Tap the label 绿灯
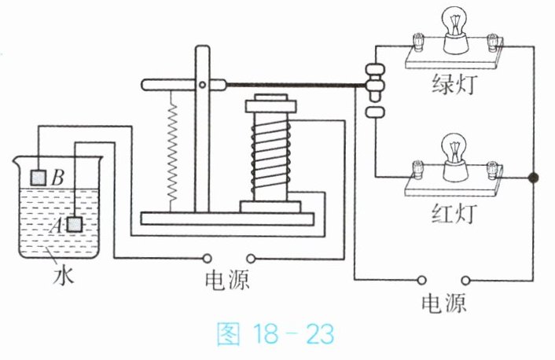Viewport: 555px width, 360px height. click(454, 85)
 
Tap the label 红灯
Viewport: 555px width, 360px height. click(454, 214)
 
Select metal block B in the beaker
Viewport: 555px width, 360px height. click(39, 178)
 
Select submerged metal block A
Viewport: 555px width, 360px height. click(75, 225)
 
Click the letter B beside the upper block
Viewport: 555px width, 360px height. click(57, 178)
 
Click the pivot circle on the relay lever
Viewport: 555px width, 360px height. click(202, 85)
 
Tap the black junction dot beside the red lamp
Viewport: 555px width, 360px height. click(533, 178)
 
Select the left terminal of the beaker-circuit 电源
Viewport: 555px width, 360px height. click(208, 259)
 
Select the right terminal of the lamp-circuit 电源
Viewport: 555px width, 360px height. click(465, 281)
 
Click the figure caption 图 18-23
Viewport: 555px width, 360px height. click(275, 333)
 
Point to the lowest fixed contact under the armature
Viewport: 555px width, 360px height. click(374, 112)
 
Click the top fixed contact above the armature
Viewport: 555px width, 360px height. click(375, 69)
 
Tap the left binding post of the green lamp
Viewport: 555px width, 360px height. click(418, 42)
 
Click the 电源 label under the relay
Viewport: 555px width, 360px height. click(227, 280)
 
